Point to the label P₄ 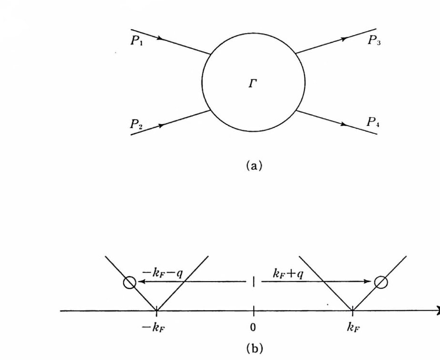(x=373, y=122)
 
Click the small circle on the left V (x=129, y=283)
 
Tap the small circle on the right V (x=380, y=283)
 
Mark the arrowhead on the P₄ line (x=343, y=124)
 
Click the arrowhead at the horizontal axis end (x=437, y=311)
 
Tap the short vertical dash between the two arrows (x=253, y=282)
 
